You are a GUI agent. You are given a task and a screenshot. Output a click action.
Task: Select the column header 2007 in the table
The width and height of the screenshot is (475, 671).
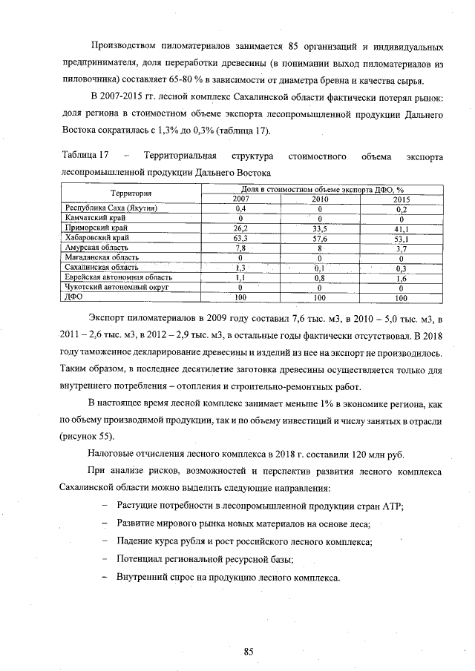click(x=241, y=199)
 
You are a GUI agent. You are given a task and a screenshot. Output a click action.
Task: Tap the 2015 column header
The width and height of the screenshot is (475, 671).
click(x=401, y=199)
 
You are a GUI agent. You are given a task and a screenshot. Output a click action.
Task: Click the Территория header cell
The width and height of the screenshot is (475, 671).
click(x=131, y=194)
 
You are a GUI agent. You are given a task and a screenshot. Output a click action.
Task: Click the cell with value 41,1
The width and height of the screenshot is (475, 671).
click(x=401, y=228)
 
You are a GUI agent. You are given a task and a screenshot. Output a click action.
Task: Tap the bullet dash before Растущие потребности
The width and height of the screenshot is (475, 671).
click(x=105, y=506)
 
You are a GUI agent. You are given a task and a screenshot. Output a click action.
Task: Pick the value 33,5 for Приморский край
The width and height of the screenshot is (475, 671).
click(x=320, y=228)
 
